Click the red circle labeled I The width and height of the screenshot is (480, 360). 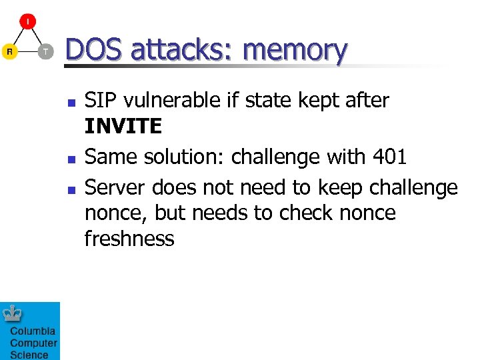pos(27,21)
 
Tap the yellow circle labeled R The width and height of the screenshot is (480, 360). pos(9,51)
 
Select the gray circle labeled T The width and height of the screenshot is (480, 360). pos(45,51)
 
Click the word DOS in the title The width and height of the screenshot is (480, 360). pos(93,50)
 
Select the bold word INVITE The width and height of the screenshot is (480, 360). pos(123,126)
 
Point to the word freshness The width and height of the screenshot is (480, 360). pos(129,238)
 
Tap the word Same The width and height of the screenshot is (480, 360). pos(109,157)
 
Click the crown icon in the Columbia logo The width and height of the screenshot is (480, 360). pos(13,313)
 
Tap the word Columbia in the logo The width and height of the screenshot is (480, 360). pos(33,331)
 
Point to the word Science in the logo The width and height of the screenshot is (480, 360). pos(29,355)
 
